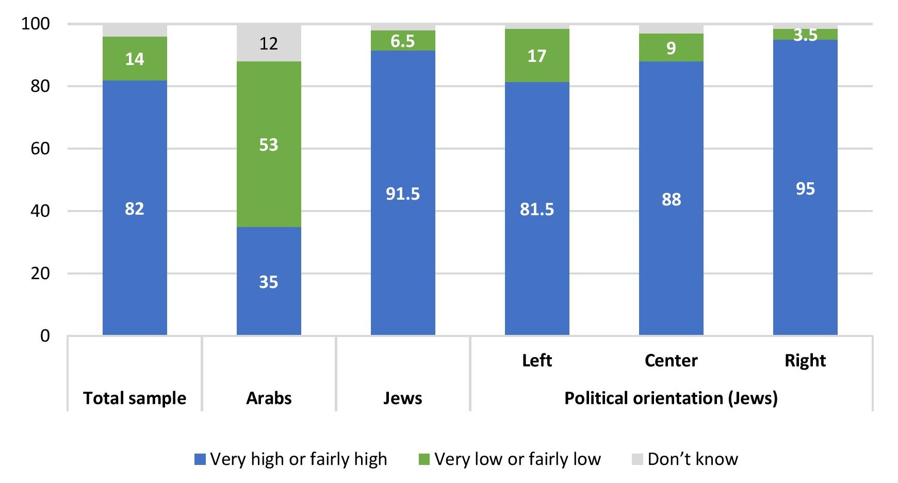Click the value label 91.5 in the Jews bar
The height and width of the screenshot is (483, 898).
[403, 194]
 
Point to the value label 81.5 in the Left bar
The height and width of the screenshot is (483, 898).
[537, 209]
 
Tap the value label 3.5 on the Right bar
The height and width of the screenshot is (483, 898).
[805, 35]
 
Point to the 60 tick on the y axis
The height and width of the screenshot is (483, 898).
[40, 149]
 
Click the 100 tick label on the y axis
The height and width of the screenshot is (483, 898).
[35, 24]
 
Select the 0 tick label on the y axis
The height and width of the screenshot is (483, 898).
[45, 336]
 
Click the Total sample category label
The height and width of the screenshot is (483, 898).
[135, 398]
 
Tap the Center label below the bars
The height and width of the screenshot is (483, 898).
[671, 360]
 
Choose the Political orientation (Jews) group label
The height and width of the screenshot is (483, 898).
[671, 398]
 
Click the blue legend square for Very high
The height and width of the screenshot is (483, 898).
[200, 459]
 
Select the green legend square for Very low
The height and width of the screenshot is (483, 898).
[424, 459]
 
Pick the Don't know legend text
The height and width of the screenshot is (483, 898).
[693, 459]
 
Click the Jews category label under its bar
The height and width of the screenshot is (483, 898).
[403, 398]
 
